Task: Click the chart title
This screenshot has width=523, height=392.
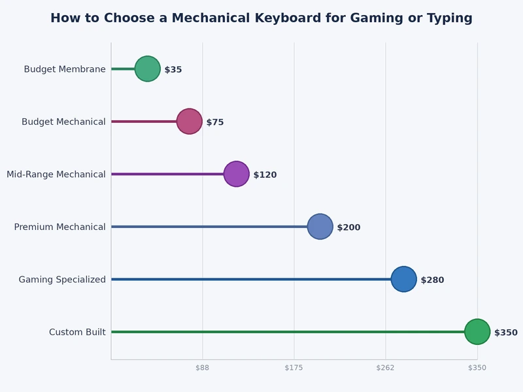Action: pos(261,18)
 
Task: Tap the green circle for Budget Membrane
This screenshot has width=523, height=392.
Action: pos(148,69)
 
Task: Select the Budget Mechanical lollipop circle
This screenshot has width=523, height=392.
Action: pos(190,122)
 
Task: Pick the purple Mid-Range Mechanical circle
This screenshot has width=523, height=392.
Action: pos(237,174)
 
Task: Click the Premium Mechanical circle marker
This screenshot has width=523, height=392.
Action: pos(320,227)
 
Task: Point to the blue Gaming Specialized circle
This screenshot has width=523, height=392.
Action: pos(404,280)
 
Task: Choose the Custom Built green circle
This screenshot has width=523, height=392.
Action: pos(477,332)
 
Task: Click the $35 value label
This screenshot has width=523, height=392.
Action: pos(173,70)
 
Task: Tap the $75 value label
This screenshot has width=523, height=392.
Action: pos(215,122)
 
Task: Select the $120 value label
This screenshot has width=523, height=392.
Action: pos(265,175)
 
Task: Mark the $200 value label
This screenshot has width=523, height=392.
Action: pos(348,227)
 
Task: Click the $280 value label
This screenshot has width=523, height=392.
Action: pos(432,280)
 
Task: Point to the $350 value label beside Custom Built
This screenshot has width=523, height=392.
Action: pos(505,333)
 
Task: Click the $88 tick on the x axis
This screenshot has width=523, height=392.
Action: pos(203,368)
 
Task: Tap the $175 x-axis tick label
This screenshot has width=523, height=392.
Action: pos(294,368)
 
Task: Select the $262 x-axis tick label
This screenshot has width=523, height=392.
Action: pos(386,368)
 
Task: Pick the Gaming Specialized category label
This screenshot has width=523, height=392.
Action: pos(62,280)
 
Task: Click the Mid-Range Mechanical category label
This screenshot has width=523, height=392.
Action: pos(56,174)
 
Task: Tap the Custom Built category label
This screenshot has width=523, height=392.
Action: pos(77,333)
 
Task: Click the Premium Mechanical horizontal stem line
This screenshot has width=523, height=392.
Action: pos(209,227)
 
